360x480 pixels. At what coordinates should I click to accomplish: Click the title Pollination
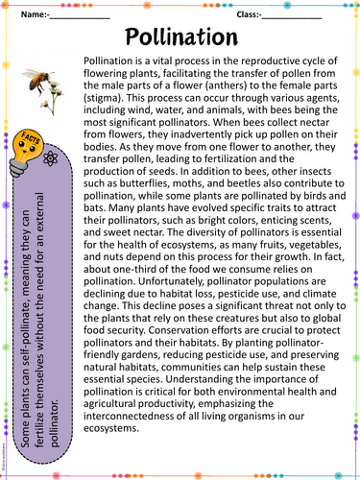click(x=180, y=36)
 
